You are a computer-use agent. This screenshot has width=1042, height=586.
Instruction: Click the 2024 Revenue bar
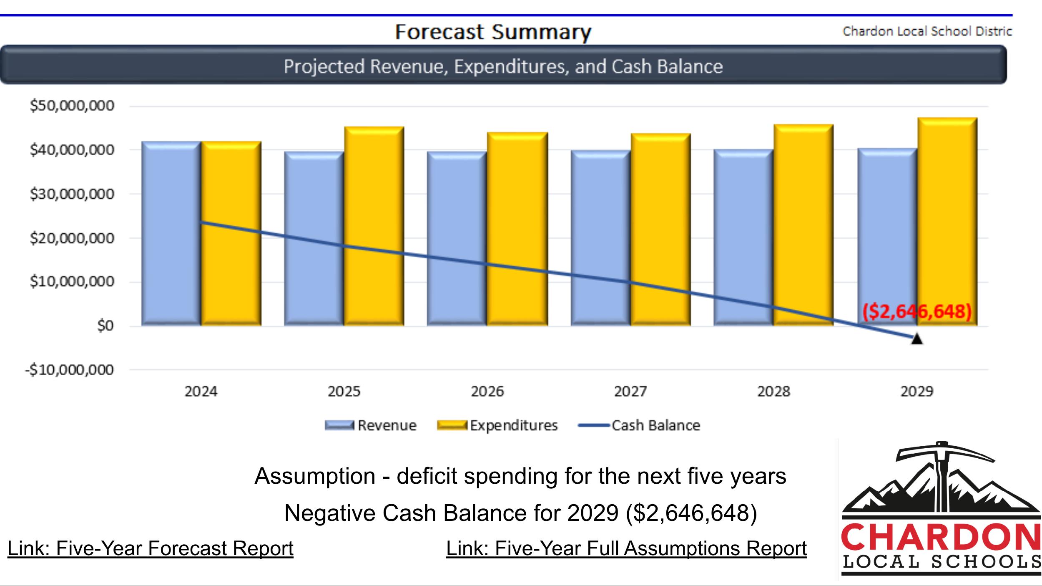coord(171,234)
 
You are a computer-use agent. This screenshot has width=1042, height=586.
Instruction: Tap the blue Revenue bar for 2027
coord(600,238)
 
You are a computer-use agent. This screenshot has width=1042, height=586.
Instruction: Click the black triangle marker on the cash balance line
coord(917,339)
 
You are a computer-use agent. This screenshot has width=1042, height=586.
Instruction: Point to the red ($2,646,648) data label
coord(917,311)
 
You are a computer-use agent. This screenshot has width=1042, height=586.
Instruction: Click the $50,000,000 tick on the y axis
coord(72,106)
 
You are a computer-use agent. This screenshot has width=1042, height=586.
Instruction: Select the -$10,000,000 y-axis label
coord(69,370)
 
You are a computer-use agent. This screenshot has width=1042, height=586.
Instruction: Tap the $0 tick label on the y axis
coord(105,326)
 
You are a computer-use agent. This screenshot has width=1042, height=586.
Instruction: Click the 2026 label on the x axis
coord(487,392)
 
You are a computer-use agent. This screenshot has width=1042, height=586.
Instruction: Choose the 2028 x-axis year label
coord(773,392)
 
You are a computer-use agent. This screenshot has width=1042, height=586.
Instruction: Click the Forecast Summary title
coord(493,32)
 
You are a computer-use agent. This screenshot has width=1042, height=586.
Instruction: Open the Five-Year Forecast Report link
coord(151,548)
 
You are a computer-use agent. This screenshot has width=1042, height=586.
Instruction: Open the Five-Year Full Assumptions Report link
coord(626,548)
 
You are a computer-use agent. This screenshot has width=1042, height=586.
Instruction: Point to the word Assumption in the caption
coord(315,476)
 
